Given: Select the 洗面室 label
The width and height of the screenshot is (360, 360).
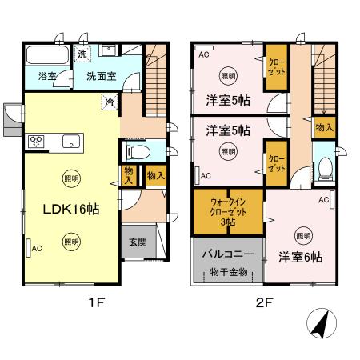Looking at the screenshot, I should point(101,77).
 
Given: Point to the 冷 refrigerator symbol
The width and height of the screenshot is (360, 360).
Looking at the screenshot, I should point(108,102).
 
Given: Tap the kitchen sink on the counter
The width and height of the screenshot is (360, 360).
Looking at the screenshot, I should point(70,143).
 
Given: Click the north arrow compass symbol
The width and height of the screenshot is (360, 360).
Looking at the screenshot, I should point(319,325).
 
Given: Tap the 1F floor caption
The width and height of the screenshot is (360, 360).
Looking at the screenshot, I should point(95,304).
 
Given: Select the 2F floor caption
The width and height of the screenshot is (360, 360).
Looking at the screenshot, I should point(265,304).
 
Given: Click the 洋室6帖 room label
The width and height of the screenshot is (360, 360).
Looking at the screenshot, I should point(301,258).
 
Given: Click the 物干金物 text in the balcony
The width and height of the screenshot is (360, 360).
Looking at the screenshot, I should point(228,273).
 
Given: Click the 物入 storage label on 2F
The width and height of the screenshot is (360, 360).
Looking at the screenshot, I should point(324,126).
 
